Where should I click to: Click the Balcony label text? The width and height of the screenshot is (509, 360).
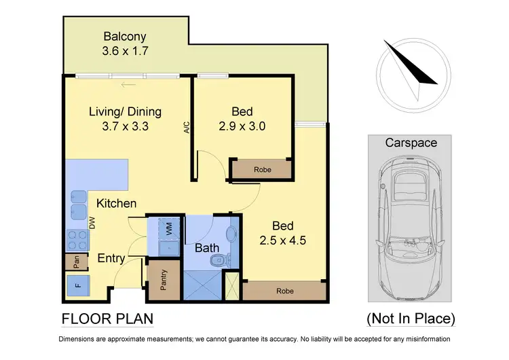pyautogui.click(x=124, y=36)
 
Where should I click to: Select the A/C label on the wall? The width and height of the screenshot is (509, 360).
pyautogui.click(x=186, y=128)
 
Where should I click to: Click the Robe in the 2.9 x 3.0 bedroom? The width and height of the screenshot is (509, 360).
pyautogui.click(x=261, y=170)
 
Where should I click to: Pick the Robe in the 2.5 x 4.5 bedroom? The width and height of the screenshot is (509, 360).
pyautogui.click(x=284, y=291)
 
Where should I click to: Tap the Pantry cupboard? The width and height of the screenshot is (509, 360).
pyautogui.click(x=164, y=281)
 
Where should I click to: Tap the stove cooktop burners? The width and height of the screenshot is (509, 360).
pyautogui.click(x=75, y=239)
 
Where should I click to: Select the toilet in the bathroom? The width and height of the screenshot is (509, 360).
pyautogui.click(x=219, y=261)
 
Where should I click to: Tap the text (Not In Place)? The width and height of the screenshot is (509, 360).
pyautogui.click(x=411, y=318)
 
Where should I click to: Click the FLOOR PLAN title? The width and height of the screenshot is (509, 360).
pyautogui.click(x=107, y=318)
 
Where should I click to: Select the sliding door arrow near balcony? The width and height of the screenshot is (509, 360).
pyautogui.click(x=126, y=86)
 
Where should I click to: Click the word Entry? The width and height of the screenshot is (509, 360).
pyautogui.click(x=111, y=258)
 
